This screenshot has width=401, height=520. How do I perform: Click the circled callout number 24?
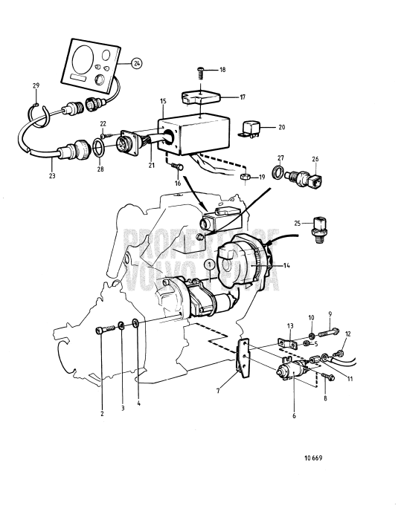point(137,64)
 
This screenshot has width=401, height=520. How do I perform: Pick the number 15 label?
point(163,100)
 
